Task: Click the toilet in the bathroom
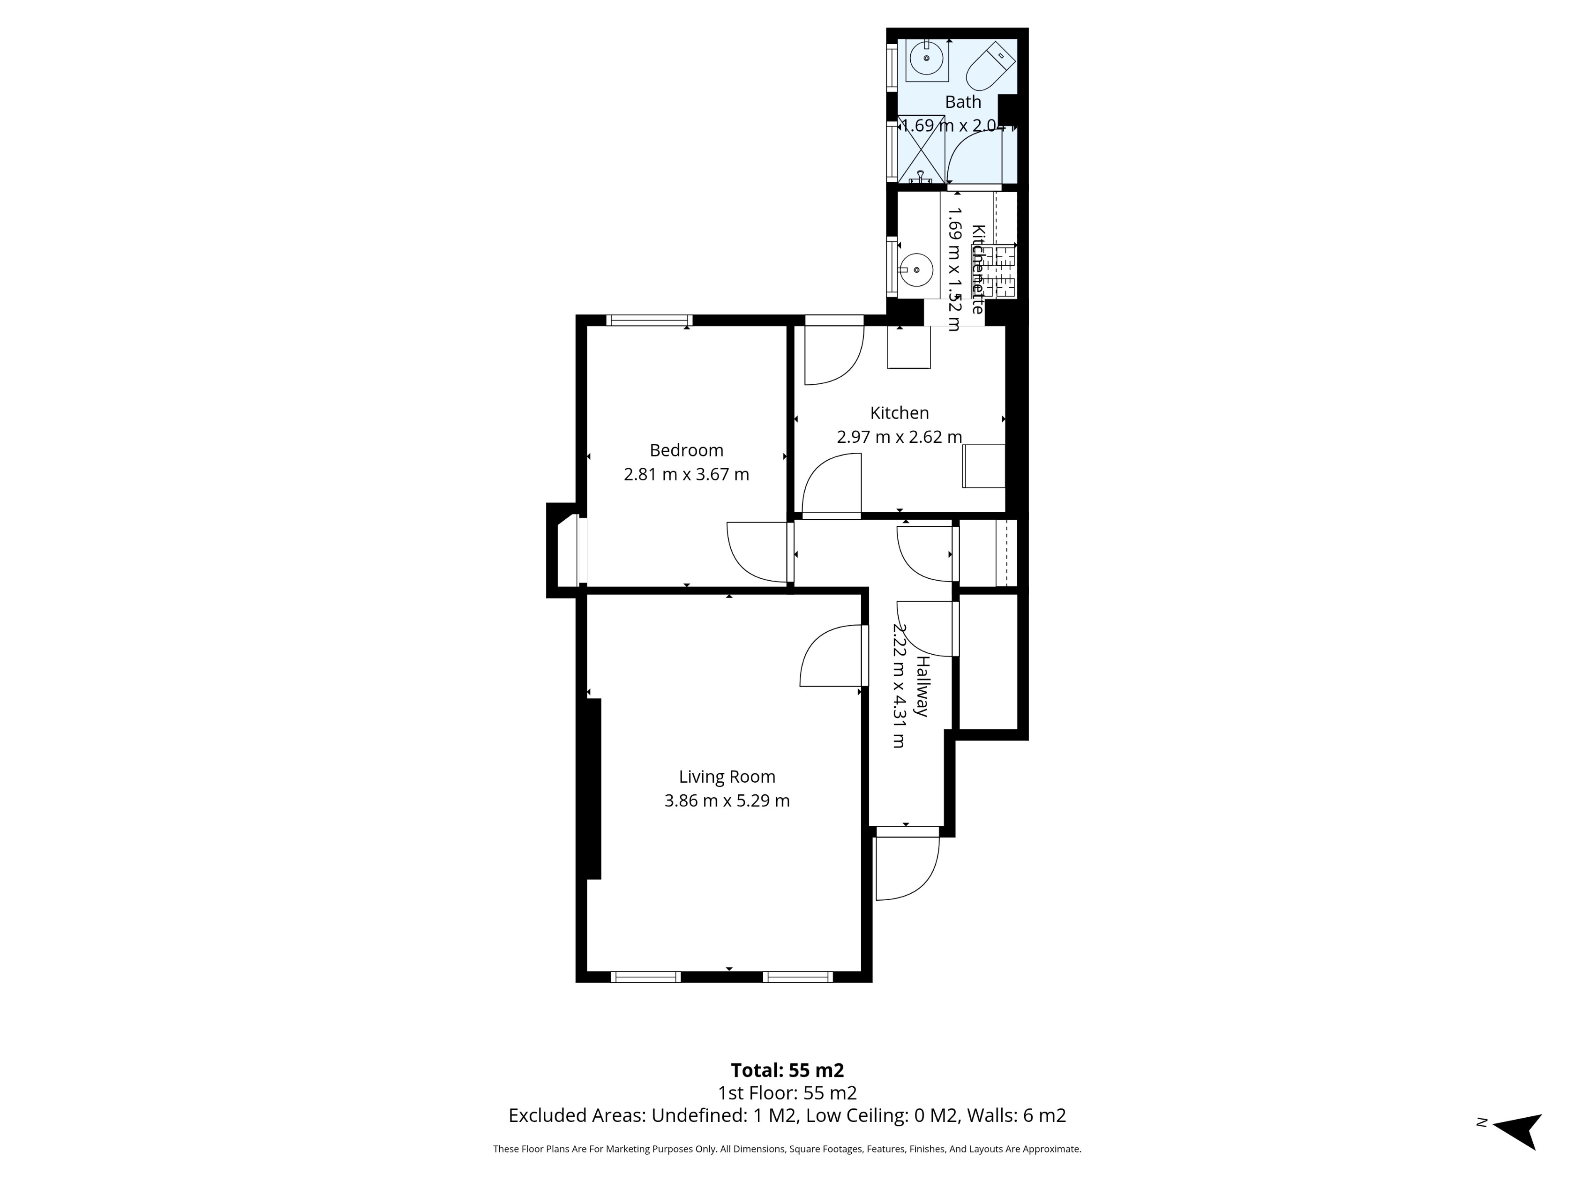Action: pos(990,65)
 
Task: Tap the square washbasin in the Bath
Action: pos(927,60)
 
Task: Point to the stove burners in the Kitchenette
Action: pos(1005,271)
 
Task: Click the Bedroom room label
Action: pos(686,450)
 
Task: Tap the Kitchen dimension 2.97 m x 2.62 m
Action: pos(899,436)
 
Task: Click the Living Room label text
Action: pos(727,777)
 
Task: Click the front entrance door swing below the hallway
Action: pos(906,867)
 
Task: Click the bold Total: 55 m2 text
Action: pos(787,1070)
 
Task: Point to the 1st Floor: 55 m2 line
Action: pos(787,1093)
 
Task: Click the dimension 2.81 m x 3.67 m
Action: pos(686,474)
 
